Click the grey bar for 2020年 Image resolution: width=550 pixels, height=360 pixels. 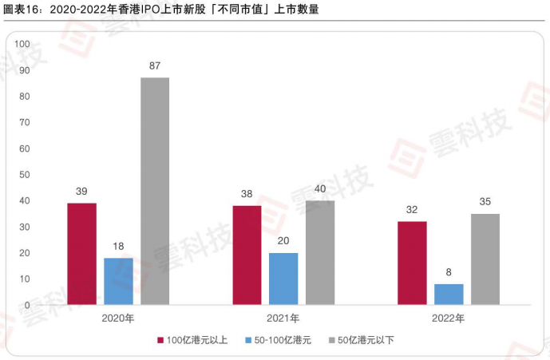pos(155,191)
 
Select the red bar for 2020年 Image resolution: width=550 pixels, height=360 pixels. pos(81,254)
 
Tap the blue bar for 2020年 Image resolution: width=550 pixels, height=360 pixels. pos(118,281)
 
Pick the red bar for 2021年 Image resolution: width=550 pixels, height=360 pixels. pos(247,255)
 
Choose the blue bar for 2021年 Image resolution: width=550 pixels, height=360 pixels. pos(283,279)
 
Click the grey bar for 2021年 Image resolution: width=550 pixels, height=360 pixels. pos(320,252)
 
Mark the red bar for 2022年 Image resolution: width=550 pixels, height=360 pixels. pos(412,263)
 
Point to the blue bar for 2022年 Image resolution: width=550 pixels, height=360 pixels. pos(449,295)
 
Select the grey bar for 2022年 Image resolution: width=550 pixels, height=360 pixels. pos(485,259)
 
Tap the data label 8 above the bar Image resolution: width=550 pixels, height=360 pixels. pos(449,272)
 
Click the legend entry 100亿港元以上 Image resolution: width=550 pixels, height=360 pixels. pos(192,340)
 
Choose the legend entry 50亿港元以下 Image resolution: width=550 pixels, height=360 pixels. pos(361,340)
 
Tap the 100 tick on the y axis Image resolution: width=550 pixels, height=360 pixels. pos(22,44)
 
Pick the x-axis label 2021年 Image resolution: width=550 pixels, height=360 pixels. pos(283,318)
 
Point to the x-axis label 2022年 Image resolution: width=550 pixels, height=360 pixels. pos(449,318)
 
